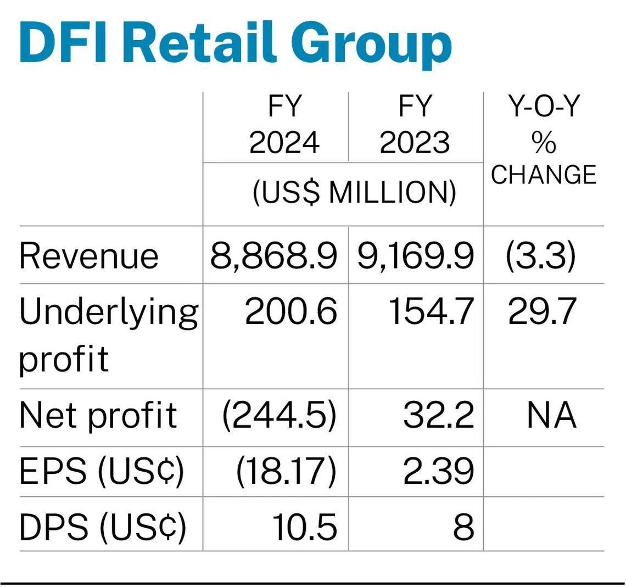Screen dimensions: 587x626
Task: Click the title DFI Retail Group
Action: (235, 44)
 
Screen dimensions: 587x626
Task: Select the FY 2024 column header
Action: (284, 126)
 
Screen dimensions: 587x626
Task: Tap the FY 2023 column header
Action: (415, 126)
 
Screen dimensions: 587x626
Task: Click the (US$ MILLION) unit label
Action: (354, 193)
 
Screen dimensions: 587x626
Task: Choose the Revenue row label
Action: (89, 256)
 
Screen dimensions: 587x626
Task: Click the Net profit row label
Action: (98, 415)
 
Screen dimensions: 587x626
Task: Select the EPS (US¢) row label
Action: (102, 471)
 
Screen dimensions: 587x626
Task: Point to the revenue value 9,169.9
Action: (415, 256)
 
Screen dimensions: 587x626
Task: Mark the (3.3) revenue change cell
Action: (541, 256)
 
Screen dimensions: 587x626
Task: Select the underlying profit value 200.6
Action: (290, 312)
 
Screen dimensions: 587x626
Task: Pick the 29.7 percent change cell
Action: (542, 312)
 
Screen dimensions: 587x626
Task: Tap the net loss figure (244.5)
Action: (279, 415)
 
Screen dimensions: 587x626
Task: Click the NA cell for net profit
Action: (551, 415)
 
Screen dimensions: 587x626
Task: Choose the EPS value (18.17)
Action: (286, 471)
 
